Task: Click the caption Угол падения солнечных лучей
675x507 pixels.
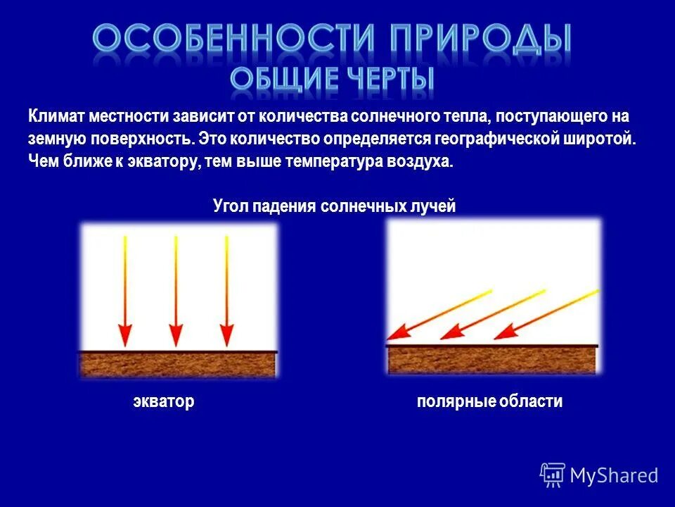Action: point(335,206)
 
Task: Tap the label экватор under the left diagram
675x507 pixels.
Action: point(163,402)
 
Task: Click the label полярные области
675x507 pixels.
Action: point(489,402)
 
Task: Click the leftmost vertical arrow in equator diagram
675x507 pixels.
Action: point(124,289)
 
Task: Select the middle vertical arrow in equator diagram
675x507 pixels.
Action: point(176,289)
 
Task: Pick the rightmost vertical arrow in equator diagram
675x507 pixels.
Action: point(226,289)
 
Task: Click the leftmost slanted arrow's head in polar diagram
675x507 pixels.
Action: point(399,332)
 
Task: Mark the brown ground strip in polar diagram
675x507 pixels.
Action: point(492,360)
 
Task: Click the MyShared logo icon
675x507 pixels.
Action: point(553,475)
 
